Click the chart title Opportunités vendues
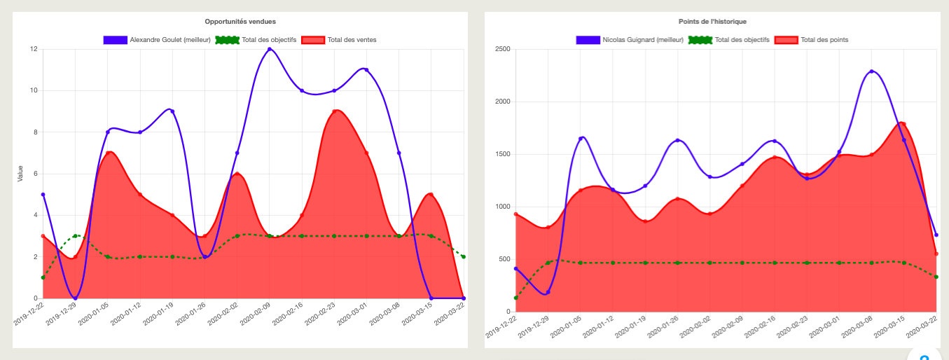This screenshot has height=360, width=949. pyautogui.click(x=240, y=22)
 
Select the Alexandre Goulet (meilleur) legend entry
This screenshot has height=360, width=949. pyautogui.click(x=157, y=40)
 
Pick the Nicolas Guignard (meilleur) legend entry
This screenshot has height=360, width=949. pyautogui.click(x=630, y=40)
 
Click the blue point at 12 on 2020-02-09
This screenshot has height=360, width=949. pyautogui.click(x=270, y=49)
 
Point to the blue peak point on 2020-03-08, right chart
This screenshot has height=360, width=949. pyautogui.click(x=871, y=71)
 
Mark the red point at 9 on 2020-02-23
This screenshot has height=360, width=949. pyautogui.click(x=334, y=111)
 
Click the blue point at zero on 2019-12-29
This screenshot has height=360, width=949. pyautogui.click(x=75, y=298)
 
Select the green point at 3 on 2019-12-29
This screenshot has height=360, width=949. pyautogui.click(x=75, y=236)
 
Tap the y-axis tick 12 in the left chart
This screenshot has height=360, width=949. pyautogui.click(x=34, y=49)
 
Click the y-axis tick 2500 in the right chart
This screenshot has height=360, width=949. pyautogui.click(x=503, y=49)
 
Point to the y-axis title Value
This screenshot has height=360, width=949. pyautogui.click(x=20, y=174)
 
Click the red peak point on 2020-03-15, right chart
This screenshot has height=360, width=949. pyautogui.click(x=903, y=125)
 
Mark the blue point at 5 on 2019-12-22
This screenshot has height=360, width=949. pyautogui.click(x=43, y=195)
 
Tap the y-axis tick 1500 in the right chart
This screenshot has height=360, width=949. pyautogui.click(x=503, y=154)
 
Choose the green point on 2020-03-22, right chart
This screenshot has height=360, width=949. pyautogui.click(x=936, y=277)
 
